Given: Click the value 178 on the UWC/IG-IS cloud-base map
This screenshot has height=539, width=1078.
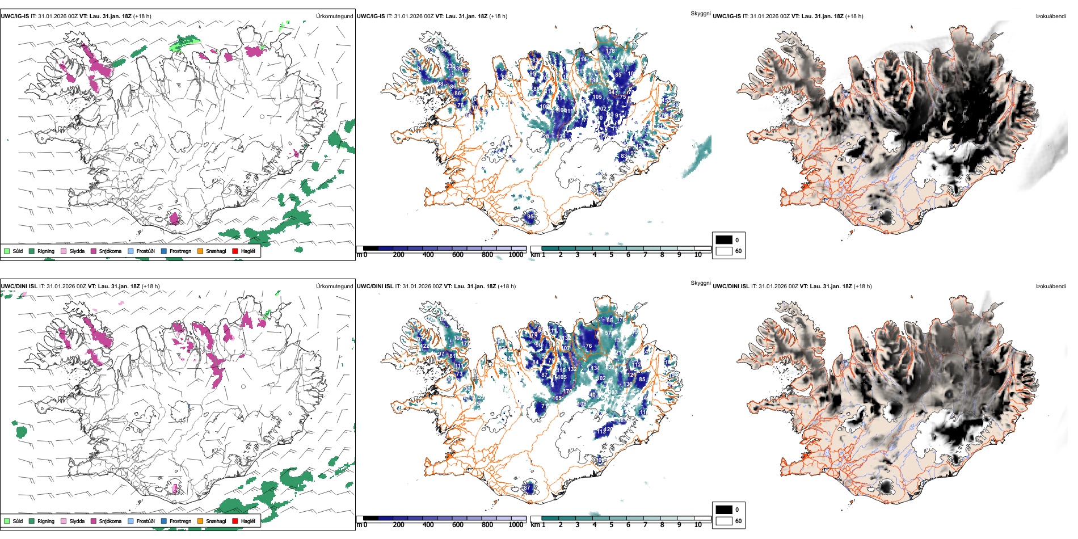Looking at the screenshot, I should click(610, 51).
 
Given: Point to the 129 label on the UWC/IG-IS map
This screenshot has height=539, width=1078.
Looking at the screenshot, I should click(562, 137).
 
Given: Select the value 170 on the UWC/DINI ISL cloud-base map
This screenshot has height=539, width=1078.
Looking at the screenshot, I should click(567, 391).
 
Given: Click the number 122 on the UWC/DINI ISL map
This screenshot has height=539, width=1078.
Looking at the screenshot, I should click(424, 346).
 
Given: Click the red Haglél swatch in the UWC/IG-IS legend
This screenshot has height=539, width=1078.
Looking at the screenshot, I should click(235, 251).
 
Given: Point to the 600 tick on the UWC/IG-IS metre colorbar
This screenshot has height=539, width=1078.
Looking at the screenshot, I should click(458, 255).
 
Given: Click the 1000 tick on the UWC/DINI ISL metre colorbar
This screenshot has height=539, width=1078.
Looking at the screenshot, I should click(516, 525).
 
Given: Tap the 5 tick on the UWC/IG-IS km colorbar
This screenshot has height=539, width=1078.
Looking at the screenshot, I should click(611, 255).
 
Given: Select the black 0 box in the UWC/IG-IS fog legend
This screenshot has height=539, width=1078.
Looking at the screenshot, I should click(724, 240).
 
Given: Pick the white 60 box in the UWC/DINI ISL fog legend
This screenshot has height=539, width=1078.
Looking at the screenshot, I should click(724, 521).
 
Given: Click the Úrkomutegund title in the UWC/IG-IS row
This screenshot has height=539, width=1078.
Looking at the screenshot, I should click(334, 16).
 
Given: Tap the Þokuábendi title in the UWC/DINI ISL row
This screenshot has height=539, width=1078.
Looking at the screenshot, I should click(1051, 287).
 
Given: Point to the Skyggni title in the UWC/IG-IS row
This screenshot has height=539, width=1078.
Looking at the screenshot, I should click(700, 14).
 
